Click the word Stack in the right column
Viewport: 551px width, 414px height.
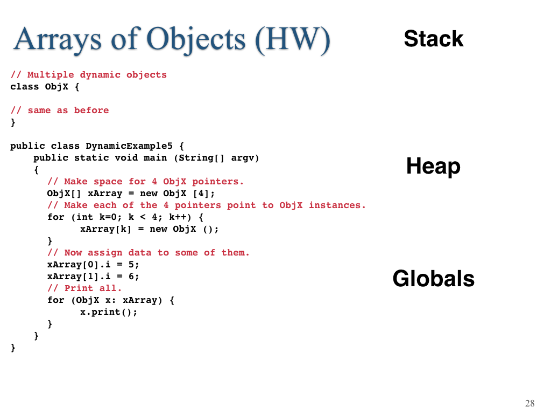point(434,38)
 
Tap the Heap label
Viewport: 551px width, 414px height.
point(433,166)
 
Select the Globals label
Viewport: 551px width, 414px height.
point(433,279)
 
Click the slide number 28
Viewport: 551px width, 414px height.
point(529,403)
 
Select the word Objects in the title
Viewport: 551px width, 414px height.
point(196,40)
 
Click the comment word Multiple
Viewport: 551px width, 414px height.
point(51,75)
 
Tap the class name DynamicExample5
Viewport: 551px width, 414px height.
point(129,146)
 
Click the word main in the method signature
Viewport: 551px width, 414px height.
point(155,158)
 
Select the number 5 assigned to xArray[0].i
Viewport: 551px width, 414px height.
point(131,264)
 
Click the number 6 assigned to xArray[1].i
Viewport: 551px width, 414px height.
point(131,277)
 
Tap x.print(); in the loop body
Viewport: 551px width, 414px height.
point(109,312)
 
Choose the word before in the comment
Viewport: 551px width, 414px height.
point(91,110)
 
